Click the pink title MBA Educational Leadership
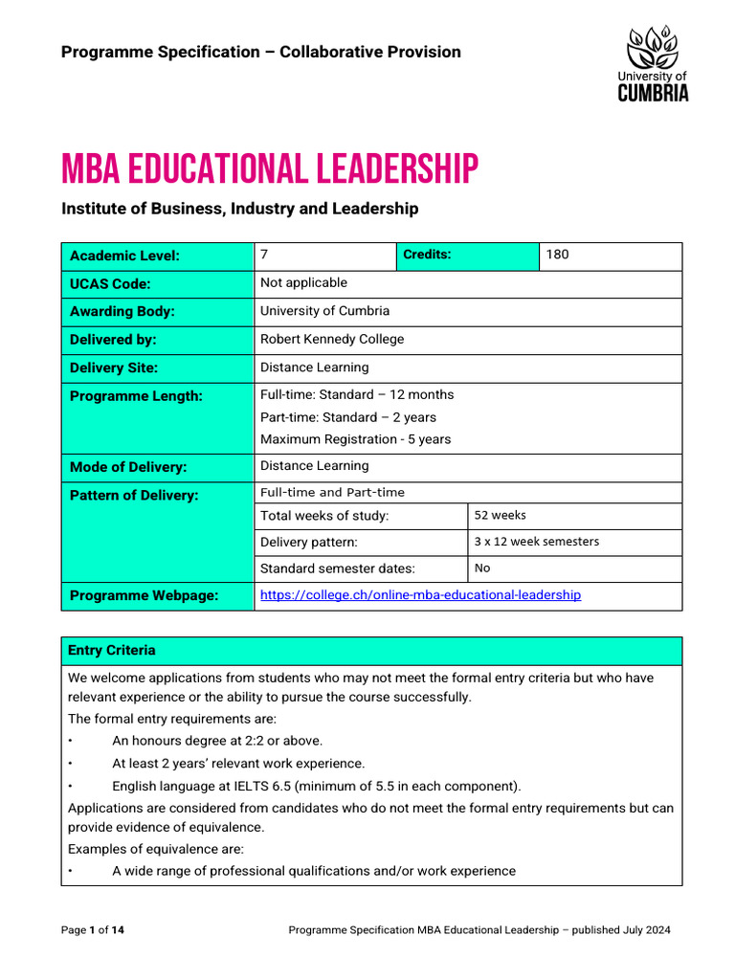269,169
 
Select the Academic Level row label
124,256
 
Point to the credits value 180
557,255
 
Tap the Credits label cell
427,255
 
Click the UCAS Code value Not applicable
303,283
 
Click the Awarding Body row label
122,312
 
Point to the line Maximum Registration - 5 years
355,440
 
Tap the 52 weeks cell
501,515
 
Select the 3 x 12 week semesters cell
536,542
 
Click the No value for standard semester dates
482,568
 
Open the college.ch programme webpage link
420,595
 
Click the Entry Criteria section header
112,651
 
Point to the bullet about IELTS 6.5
317,787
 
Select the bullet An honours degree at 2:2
217,741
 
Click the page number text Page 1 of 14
93,929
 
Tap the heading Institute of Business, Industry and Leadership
239,209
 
